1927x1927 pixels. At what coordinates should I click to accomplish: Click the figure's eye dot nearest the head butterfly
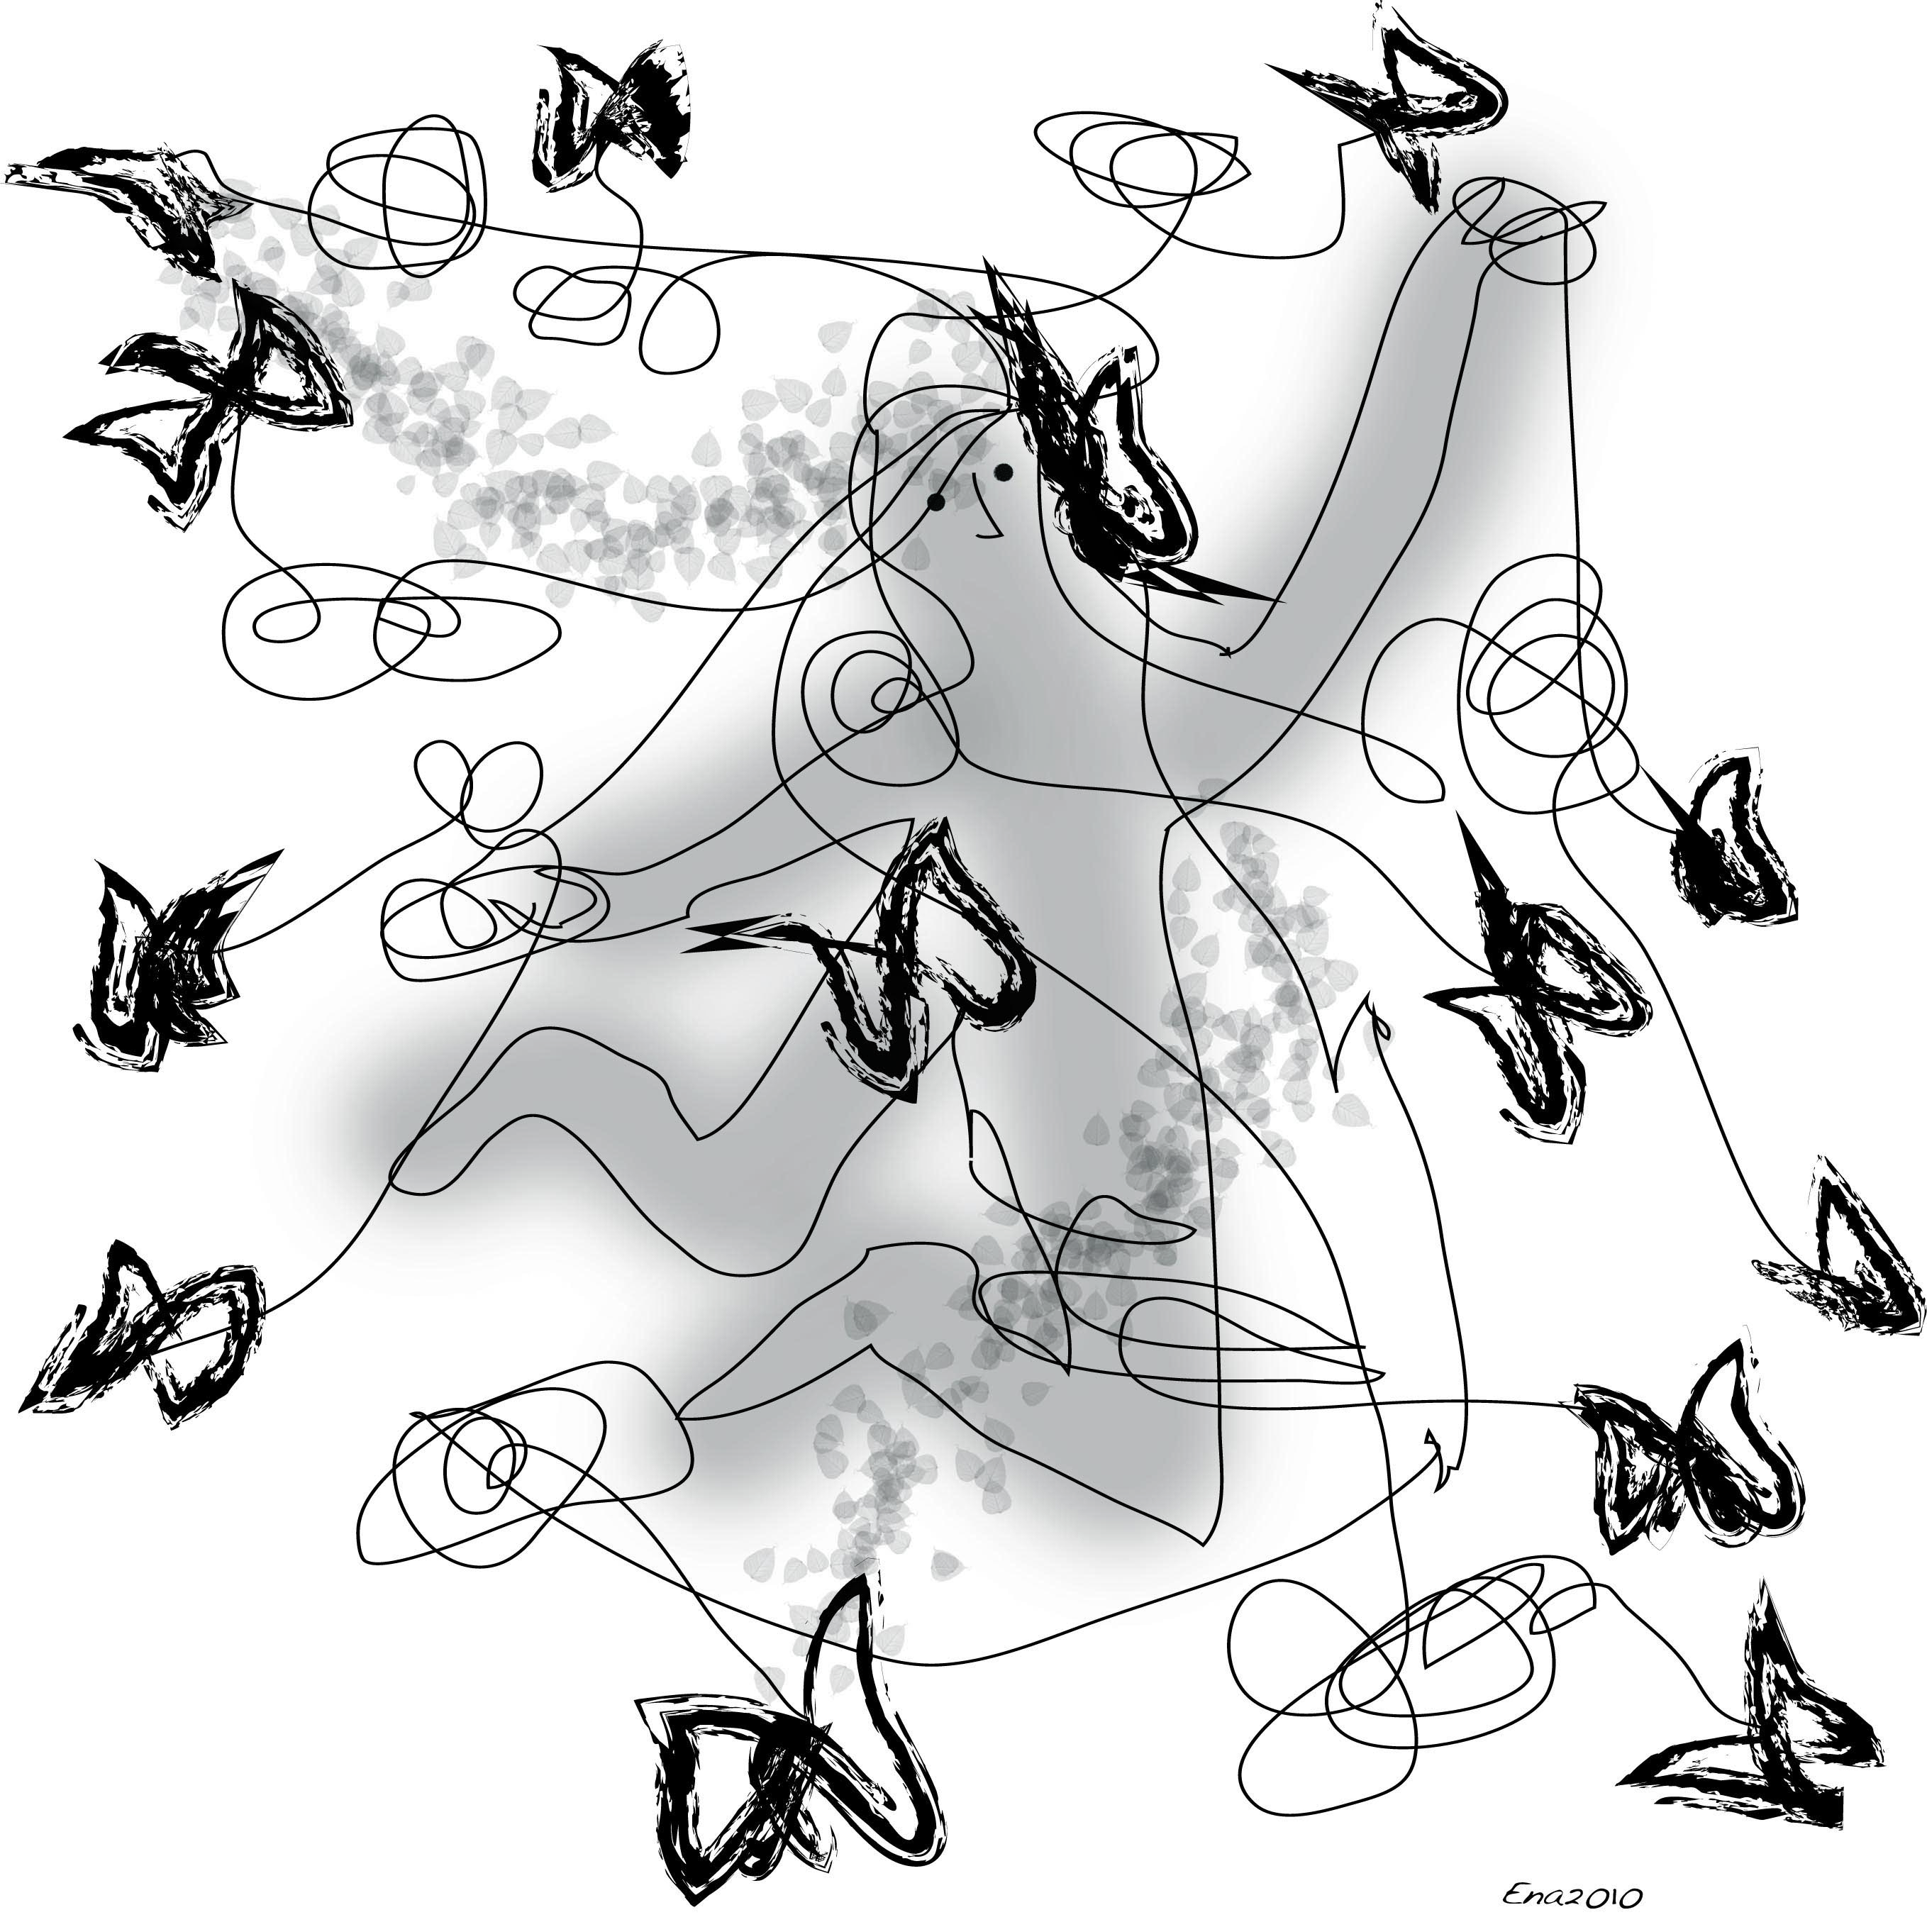click(1004, 471)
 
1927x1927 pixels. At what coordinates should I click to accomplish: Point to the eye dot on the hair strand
click(935, 503)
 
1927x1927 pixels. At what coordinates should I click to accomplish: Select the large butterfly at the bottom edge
click(788, 1736)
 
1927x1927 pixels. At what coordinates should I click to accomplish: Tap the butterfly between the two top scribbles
click(611, 115)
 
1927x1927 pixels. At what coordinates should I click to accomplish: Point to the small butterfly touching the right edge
click(1845, 1252)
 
